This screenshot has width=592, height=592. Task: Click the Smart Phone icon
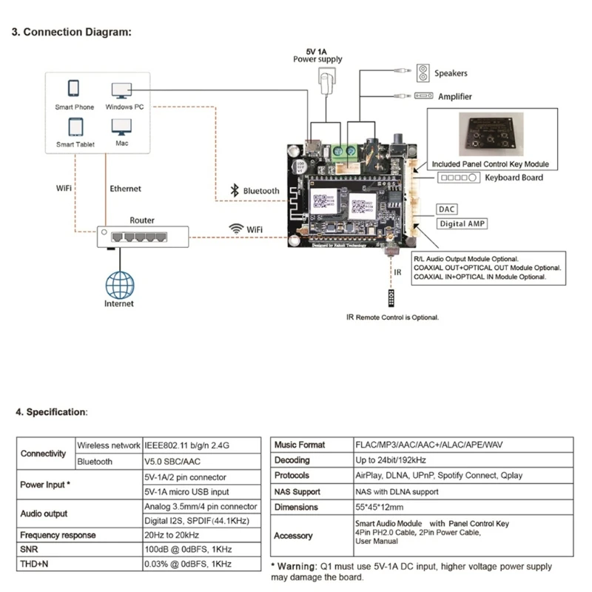74,88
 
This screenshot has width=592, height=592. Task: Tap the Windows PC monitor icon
122,90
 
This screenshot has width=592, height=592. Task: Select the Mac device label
122,143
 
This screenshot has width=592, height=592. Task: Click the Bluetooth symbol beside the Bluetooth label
236,190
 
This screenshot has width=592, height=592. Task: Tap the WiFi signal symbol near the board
236,229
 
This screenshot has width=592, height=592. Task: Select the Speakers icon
423,73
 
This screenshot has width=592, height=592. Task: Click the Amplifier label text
454,96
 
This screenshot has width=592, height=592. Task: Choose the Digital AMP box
462,223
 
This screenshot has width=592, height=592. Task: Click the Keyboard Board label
514,178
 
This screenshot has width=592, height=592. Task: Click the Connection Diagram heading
72,33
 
